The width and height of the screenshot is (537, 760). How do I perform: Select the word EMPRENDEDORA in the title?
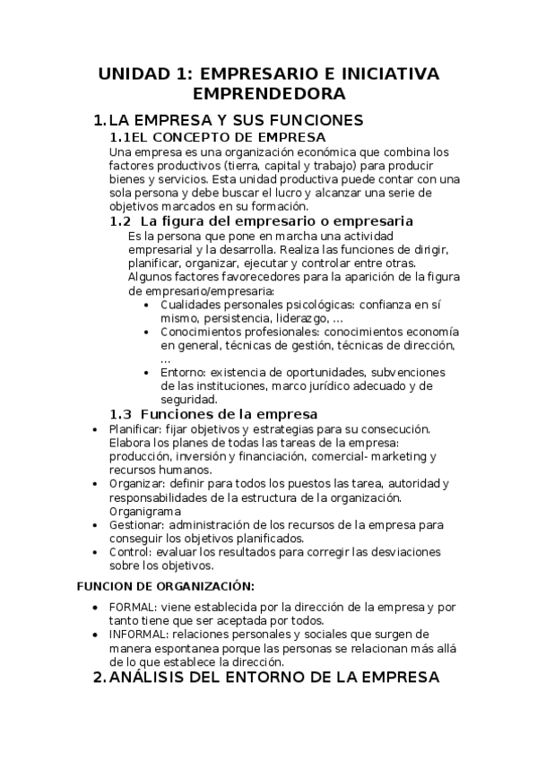pyautogui.click(x=268, y=93)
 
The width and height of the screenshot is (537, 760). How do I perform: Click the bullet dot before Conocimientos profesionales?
pyautogui.click(x=148, y=332)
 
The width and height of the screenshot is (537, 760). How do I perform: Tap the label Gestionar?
pyautogui.click(x=136, y=524)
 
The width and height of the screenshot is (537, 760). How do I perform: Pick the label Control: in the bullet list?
pyautogui.click(x=130, y=552)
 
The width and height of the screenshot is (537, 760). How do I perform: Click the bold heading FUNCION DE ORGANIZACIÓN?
pyautogui.click(x=167, y=586)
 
